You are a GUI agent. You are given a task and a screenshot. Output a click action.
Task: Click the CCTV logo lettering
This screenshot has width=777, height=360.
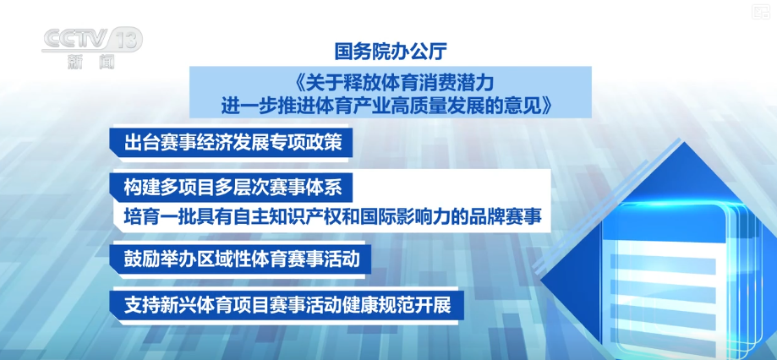(76, 39)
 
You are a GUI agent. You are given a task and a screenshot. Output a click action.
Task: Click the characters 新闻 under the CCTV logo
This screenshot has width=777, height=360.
(91, 62)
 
